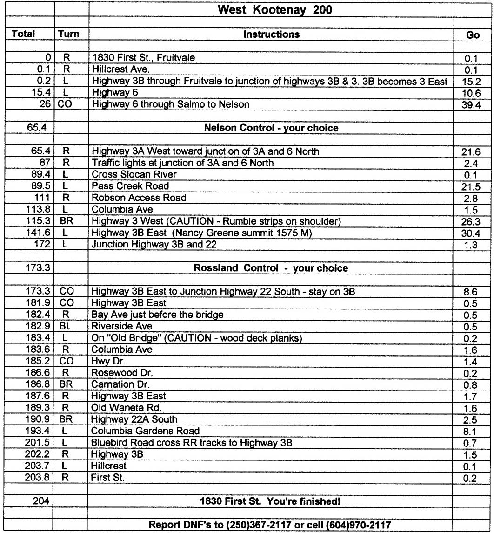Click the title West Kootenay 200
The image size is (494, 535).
click(271, 10)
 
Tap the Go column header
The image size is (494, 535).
click(473, 35)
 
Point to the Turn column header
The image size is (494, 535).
click(69, 34)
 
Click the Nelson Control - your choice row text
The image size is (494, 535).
click(271, 128)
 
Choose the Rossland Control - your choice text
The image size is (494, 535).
click(271, 268)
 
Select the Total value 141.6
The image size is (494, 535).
click(39, 233)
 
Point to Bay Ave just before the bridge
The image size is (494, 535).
click(157, 315)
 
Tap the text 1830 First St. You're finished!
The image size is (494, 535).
click(271, 502)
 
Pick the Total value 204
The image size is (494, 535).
click(41, 502)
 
